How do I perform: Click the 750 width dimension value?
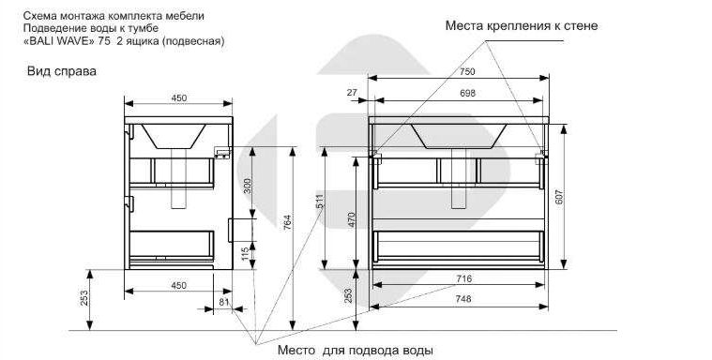coord(467,71)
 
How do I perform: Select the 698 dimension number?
coord(467,94)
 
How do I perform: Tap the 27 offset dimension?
coord(352,93)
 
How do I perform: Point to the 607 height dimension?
coord(559,196)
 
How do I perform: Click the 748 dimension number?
coord(462,299)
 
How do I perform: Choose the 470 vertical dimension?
coord(351,220)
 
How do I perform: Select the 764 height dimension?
coord(287,222)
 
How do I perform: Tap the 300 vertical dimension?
coord(248,186)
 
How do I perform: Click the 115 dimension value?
coord(246,253)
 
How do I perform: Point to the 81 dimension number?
coord(224,302)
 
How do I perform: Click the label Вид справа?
coord(62,71)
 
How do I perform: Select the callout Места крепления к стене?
coord(522,25)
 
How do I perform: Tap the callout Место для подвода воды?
coord(356,351)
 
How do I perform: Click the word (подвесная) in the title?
coord(193,41)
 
